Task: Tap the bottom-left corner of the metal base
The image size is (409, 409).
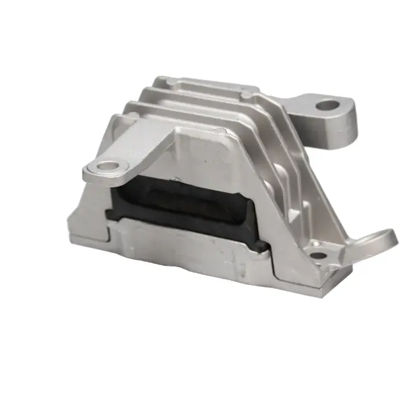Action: tap(71, 243)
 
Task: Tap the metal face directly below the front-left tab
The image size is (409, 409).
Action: tap(96, 204)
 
